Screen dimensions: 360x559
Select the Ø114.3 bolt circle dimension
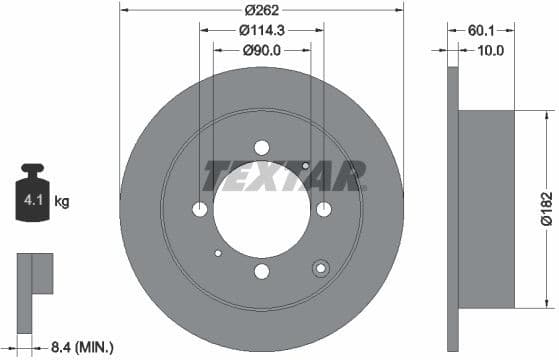[x=262, y=31]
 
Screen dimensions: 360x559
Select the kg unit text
[x=62, y=202]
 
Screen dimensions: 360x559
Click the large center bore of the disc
[x=261, y=209]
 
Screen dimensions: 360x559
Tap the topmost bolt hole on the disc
[x=261, y=148]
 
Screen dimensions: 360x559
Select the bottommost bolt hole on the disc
[x=261, y=271]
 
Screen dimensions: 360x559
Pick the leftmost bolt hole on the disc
[x=200, y=209]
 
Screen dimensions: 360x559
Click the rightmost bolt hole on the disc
[x=323, y=209]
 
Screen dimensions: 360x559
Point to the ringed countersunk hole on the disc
[x=321, y=267]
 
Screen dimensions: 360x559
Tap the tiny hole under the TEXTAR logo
[x=305, y=166]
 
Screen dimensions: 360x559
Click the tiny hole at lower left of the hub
[x=218, y=253]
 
